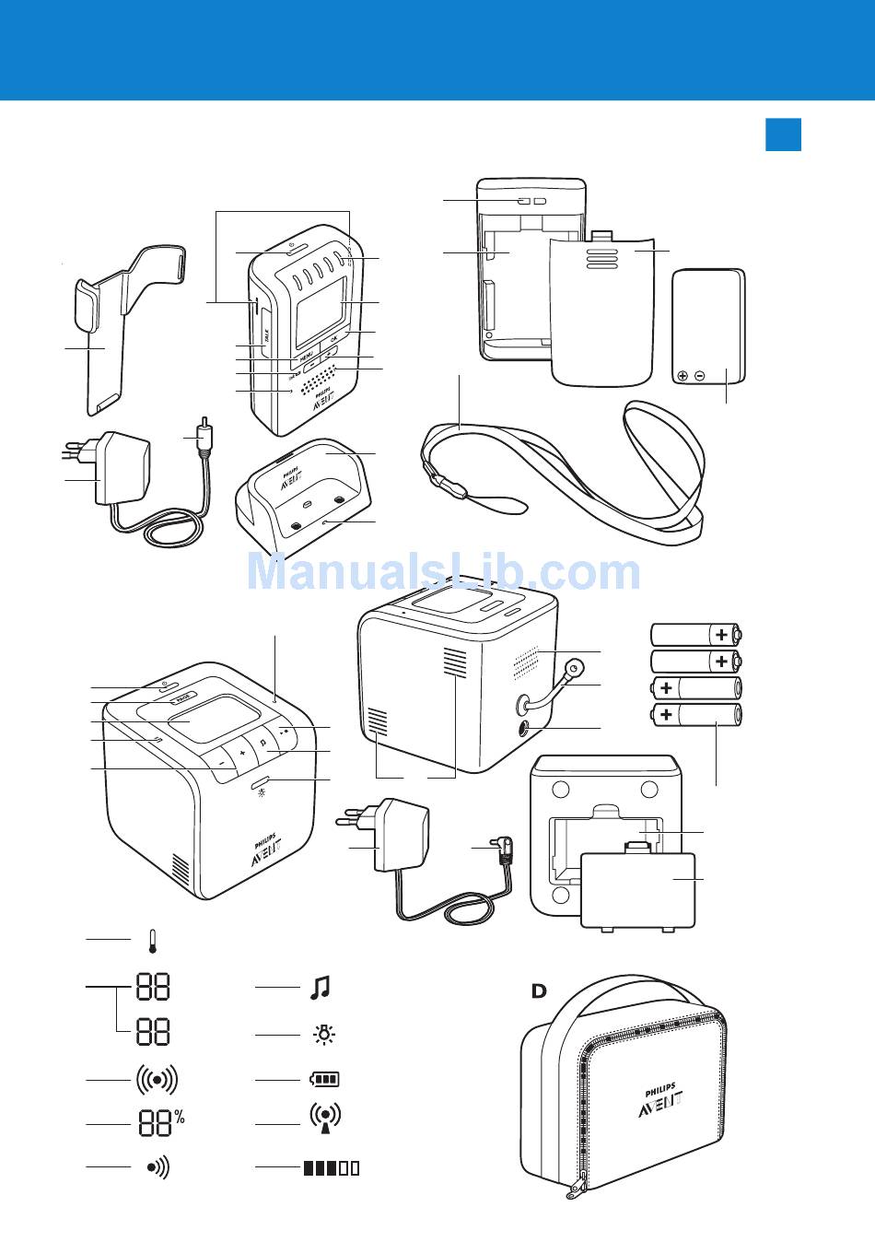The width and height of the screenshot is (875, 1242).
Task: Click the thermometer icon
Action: (153, 941)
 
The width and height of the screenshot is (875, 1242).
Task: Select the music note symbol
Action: (319, 988)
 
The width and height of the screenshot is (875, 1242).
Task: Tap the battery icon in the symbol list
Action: (324, 1079)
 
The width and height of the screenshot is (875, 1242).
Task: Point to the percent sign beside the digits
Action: (180, 1118)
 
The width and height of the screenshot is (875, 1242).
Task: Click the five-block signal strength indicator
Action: (332, 1168)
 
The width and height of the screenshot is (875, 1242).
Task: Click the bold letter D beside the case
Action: (539, 991)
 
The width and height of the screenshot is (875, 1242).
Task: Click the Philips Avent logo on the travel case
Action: (660, 1099)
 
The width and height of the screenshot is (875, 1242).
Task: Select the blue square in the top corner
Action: (783, 134)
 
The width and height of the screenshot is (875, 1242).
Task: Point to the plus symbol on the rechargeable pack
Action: (682, 376)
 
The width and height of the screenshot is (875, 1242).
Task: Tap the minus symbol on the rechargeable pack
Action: (700, 376)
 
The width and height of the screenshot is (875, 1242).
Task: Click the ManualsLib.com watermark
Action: (443, 572)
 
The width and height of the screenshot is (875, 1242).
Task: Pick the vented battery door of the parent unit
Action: (602, 309)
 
